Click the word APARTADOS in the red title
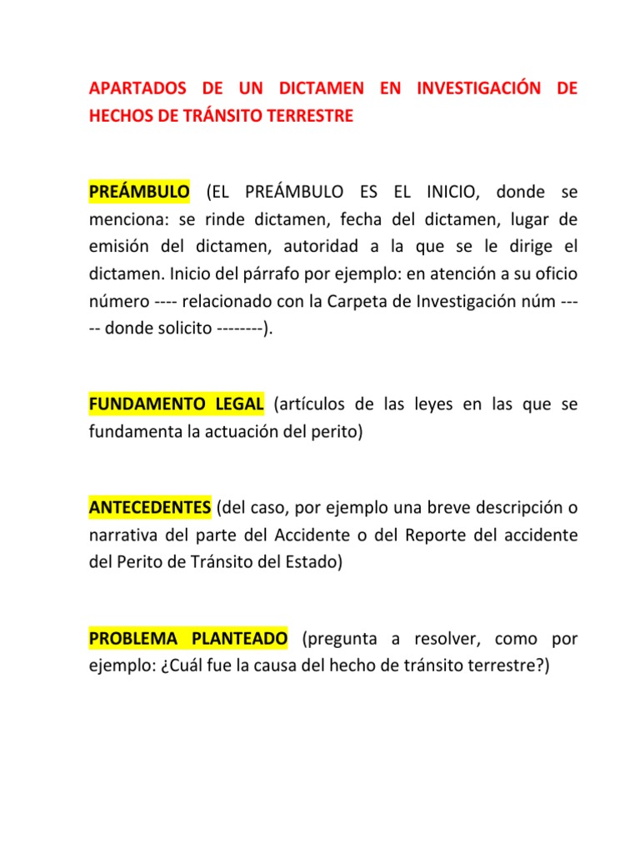pyautogui.click(x=133, y=89)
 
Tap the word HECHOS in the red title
pyautogui.click(x=120, y=117)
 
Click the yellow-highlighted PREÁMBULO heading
pyautogui.click(x=139, y=192)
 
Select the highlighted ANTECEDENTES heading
pyautogui.click(x=150, y=508)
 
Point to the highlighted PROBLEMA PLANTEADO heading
pyautogui.click(x=188, y=639)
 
